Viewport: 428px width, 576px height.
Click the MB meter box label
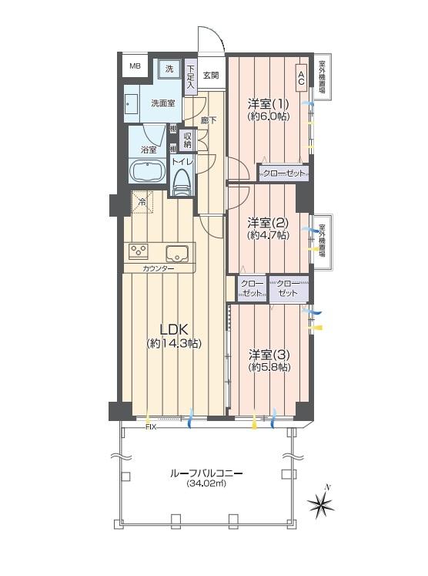click(135, 67)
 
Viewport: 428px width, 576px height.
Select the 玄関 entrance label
click(211, 76)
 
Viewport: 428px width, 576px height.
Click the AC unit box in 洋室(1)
click(301, 77)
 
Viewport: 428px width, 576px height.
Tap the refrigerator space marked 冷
click(142, 202)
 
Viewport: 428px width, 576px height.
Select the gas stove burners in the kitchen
click(139, 251)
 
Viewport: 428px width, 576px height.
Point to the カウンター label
click(158, 268)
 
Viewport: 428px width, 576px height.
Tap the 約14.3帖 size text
click(174, 343)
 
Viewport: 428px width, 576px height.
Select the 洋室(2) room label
click(267, 221)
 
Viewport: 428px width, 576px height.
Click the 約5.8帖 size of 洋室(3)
click(269, 368)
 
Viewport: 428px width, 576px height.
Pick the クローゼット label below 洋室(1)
click(283, 173)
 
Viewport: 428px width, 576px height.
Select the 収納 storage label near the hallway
click(187, 140)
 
